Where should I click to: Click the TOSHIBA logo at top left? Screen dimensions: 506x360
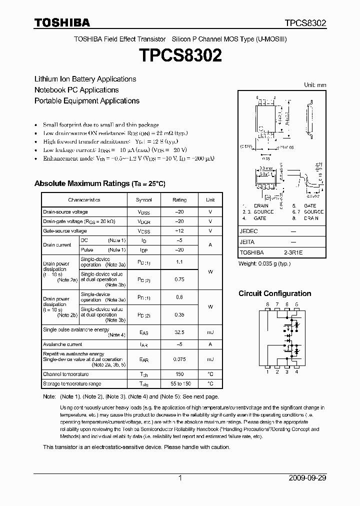[62, 22]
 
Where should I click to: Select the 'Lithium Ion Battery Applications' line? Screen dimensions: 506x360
[85, 79]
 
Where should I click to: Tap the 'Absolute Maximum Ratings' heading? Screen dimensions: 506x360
[99, 183]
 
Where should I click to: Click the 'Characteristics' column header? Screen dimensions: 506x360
[84, 200]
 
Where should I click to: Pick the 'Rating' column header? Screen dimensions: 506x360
[179, 200]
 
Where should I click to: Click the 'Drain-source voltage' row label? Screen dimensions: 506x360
[65, 212]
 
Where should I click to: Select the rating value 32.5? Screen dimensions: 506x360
[179, 332]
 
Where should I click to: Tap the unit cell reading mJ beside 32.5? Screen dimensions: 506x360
[210, 332]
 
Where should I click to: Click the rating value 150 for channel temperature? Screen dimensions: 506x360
[179, 374]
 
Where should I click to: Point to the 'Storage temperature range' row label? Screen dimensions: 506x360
[72, 384]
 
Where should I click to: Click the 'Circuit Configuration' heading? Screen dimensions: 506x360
[274, 293]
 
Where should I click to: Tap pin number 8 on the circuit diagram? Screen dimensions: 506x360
[267, 304]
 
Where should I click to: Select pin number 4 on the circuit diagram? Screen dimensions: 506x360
[297, 371]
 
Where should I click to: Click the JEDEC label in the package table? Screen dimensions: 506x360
[248, 231]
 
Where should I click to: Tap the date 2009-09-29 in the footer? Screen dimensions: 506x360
[307, 478]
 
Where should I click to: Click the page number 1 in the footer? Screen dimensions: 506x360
[180, 478]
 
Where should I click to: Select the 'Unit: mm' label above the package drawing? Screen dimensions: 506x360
[315, 85]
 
